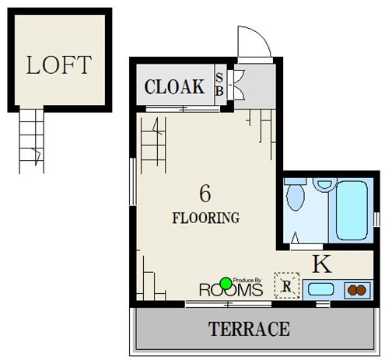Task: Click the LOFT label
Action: point(59,65)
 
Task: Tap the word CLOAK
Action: point(174,86)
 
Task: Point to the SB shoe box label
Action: point(219,85)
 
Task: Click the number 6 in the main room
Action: point(205,194)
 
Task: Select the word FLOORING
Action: point(206,218)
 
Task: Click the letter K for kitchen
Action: point(322,264)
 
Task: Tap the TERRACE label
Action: point(249,329)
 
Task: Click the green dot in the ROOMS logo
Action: point(226,284)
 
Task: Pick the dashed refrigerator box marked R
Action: point(287,285)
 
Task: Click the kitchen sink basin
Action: point(320,289)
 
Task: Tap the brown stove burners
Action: point(357,290)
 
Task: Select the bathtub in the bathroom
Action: point(352,211)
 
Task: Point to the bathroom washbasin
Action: point(324,184)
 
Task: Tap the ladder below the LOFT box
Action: point(31,142)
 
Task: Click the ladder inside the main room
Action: point(153,145)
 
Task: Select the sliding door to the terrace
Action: point(228,304)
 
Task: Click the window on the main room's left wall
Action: point(133,181)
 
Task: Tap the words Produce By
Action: point(247,280)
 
